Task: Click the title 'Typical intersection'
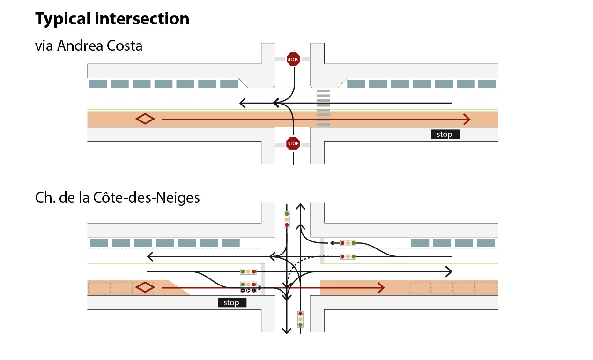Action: coord(112,19)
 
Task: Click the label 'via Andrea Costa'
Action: coord(89,46)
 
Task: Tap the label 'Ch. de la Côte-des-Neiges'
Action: coord(117,198)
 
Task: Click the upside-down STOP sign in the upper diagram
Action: coord(293,59)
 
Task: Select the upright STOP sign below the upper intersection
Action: coord(293,143)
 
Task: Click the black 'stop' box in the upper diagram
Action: coord(445,135)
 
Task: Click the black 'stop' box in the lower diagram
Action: coord(232,303)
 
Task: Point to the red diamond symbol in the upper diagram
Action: coord(145,119)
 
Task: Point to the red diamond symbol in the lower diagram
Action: coord(145,287)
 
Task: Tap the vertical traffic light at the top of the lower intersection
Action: coord(287,219)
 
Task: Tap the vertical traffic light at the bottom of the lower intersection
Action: coord(300,319)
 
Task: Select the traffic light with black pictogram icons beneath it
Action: coord(248,285)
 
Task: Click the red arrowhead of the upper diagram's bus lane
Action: coord(466,119)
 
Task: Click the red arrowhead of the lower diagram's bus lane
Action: coord(381,288)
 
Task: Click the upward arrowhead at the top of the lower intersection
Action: coord(300,207)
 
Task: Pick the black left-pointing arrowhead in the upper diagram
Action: coord(243,103)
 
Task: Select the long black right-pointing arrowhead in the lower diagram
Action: coord(448,271)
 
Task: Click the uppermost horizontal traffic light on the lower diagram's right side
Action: coord(348,243)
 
